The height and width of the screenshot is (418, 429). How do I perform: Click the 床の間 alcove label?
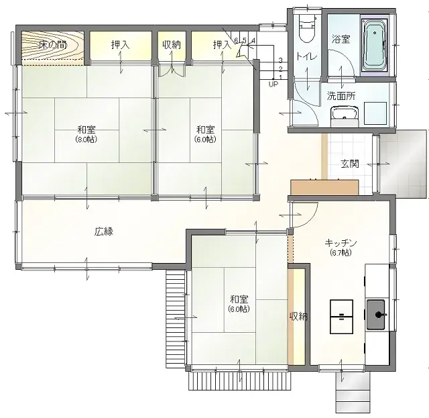(x=52, y=46)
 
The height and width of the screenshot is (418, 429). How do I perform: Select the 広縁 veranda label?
(x=104, y=231)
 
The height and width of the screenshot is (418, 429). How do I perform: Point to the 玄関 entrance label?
(x=349, y=163)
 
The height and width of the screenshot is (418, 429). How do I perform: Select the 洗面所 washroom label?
(x=341, y=96)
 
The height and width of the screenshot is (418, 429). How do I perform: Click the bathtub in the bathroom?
(x=374, y=45)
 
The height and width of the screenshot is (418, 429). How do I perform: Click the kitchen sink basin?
(x=376, y=312)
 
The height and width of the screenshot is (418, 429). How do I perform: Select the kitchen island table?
(x=341, y=315)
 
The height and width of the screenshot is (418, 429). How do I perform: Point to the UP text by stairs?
(x=273, y=85)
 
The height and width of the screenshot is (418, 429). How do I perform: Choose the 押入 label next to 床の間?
(x=121, y=45)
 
